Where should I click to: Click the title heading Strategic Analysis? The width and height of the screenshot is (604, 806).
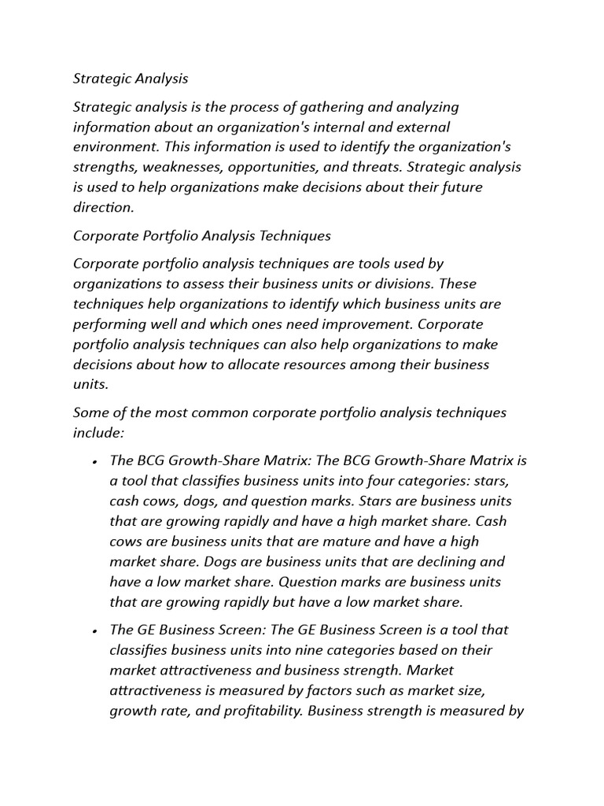pyautogui.click(x=131, y=79)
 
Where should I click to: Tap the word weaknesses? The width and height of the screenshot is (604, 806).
pyautogui.click(x=178, y=168)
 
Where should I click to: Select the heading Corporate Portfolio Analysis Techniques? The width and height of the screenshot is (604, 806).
pyautogui.click(x=202, y=235)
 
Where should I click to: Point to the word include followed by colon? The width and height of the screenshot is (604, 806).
pyautogui.click(x=99, y=433)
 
